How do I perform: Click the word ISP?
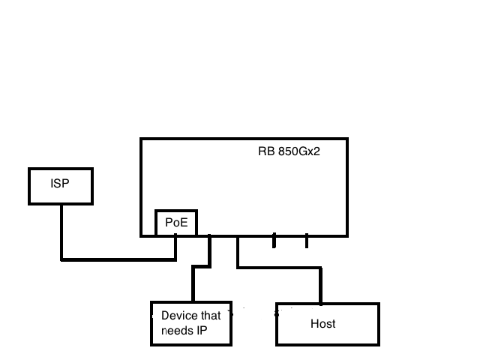pyautogui.click(x=60, y=183)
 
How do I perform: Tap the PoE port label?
pyautogui.click(x=176, y=223)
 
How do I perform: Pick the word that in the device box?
pyautogui.click(x=211, y=316)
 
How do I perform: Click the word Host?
pyautogui.click(x=322, y=324)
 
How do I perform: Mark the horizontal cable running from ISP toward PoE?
pyautogui.click(x=120, y=259)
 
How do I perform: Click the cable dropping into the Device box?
pyautogui.click(x=193, y=285)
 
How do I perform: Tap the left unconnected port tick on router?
pyautogui.click(x=274, y=241)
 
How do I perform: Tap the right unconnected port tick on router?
pyautogui.click(x=307, y=241)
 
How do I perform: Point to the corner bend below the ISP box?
pyautogui.click(x=61, y=259)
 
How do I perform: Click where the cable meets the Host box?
pyautogui.click(x=321, y=303)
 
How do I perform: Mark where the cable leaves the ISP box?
pyautogui.click(x=61, y=205)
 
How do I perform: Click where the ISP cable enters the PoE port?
pyautogui.click(x=175, y=235)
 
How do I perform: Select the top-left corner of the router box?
pyautogui.click(x=141, y=139)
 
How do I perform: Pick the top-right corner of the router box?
pyautogui.click(x=348, y=139)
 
